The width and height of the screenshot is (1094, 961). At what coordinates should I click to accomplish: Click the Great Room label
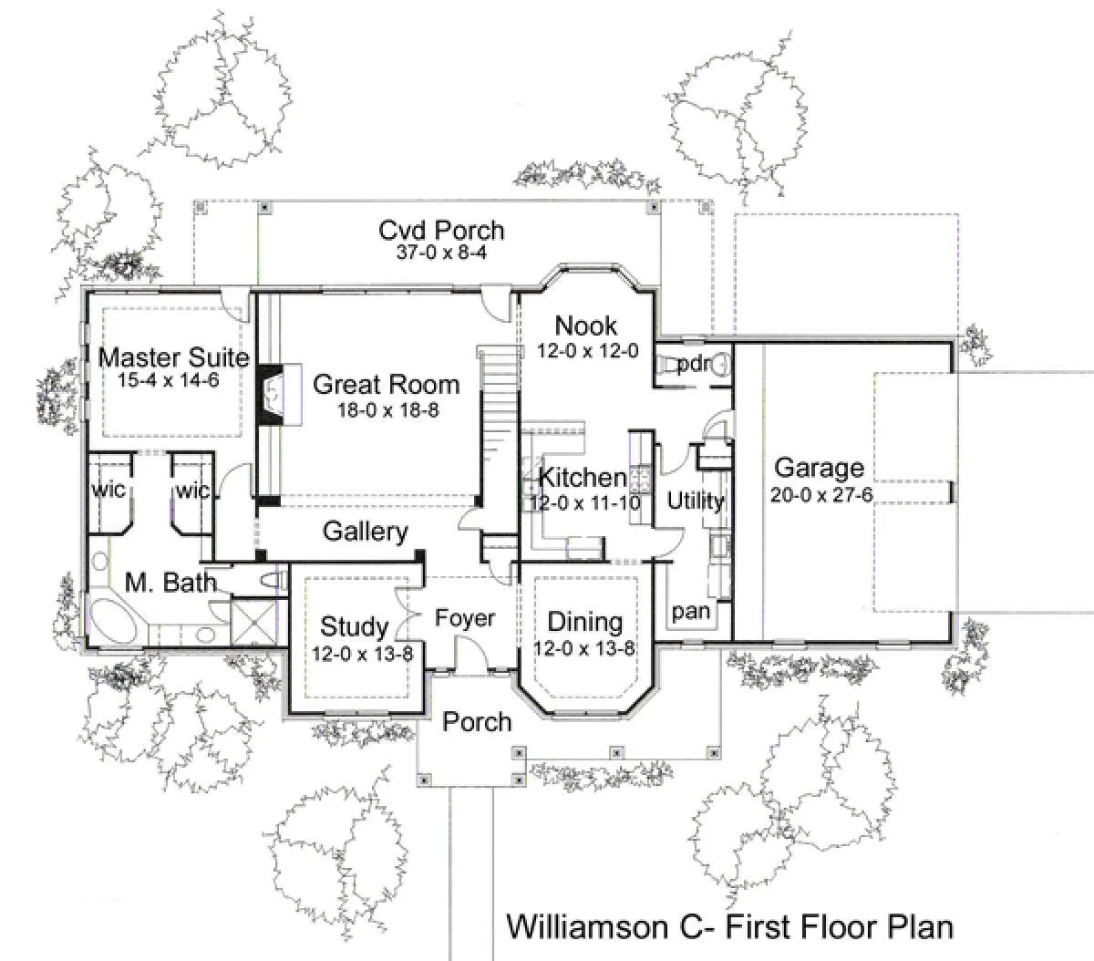click(x=386, y=385)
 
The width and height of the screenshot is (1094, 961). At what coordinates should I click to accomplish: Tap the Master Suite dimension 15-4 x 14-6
click(x=169, y=380)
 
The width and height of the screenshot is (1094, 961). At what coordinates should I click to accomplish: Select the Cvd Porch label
click(x=441, y=231)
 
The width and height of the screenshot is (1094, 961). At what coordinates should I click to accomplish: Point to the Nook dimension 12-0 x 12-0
click(x=587, y=351)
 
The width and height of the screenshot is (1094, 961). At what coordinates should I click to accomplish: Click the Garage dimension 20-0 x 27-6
click(x=821, y=495)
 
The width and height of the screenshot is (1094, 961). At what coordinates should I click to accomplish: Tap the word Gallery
click(x=366, y=532)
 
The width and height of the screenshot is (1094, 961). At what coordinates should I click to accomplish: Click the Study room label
click(x=355, y=626)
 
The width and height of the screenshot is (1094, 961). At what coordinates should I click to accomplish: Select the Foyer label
click(x=465, y=618)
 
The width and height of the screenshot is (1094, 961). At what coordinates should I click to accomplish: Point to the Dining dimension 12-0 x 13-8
click(x=584, y=648)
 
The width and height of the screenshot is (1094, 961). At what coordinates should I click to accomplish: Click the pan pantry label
click(x=691, y=613)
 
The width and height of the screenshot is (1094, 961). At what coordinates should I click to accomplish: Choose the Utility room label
click(x=696, y=501)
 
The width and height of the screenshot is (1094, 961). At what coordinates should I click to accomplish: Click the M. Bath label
click(x=170, y=583)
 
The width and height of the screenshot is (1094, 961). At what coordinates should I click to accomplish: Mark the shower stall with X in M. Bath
click(x=253, y=622)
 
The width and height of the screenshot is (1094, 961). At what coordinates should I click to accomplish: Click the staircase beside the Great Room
click(x=496, y=427)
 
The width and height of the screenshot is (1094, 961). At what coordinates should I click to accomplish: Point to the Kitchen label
click(x=583, y=478)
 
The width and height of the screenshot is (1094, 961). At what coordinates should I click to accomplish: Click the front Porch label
click(x=477, y=722)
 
